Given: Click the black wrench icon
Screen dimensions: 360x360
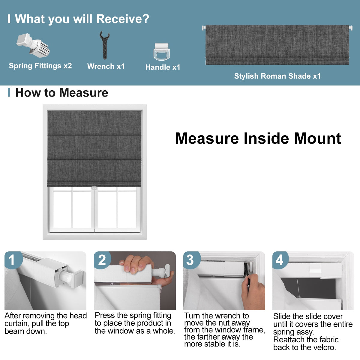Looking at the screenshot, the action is pyautogui.click(x=105, y=45).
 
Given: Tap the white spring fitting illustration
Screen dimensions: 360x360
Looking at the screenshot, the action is pyautogui.click(x=33, y=45).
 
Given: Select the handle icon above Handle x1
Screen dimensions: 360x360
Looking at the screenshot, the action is pyautogui.click(x=162, y=52).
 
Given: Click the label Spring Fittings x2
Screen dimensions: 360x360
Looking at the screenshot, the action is pyautogui.click(x=40, y=66).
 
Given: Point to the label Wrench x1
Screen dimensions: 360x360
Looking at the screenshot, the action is pyautogui.click(x=106, y=66).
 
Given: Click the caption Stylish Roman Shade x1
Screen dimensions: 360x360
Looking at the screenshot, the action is pyautogui.click(x=277, y=76).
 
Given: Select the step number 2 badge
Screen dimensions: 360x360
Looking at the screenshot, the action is pyautogui.click(x=102, y=260).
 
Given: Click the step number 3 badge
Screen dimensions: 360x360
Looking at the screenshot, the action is pyautogui.click(x=191, y=260).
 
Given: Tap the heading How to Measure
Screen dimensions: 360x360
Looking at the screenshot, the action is pyautogui.click(x=62, y=93).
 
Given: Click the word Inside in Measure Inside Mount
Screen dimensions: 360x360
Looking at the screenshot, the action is pyautogui.click(x=266, y=138).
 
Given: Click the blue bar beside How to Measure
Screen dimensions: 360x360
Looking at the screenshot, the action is pyautogui.click(x=9, y=92).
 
